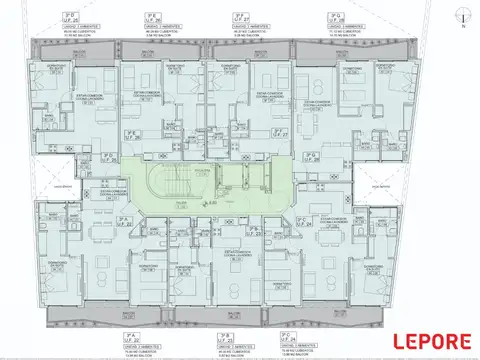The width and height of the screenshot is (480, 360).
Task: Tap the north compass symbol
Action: (462, 16)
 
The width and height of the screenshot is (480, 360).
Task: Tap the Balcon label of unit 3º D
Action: (71, 48)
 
